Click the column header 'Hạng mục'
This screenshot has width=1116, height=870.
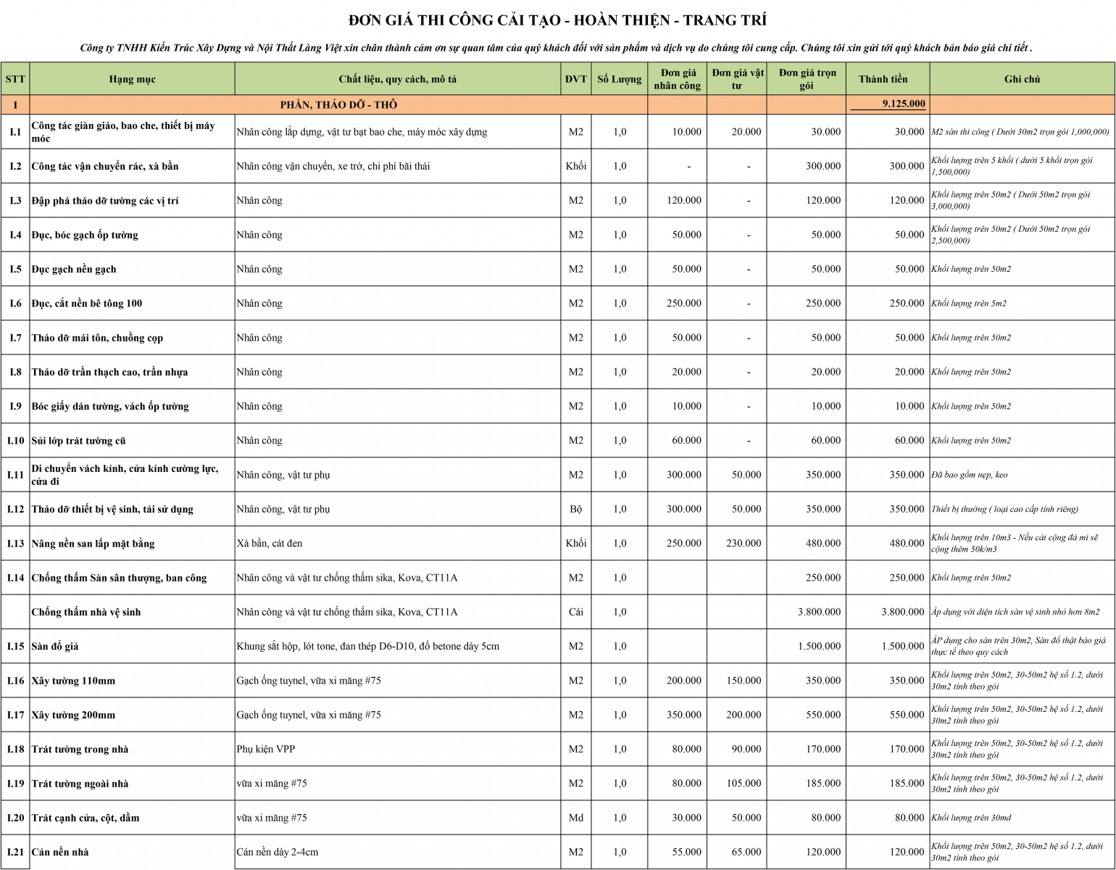click(132, 79)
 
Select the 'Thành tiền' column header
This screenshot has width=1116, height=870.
click(883, 79)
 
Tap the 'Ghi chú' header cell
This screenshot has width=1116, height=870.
click(1022, 79)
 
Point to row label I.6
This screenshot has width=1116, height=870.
click(15, 303)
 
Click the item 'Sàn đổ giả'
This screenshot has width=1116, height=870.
click(55, 646)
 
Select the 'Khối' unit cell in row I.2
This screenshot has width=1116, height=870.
click(576, 166)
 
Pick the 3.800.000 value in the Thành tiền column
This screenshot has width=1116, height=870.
click(902, 612)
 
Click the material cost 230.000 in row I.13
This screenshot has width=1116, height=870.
click(744, 543)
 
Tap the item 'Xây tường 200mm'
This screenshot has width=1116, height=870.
click(73, 715)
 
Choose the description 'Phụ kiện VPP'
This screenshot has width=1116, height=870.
click(266, 749)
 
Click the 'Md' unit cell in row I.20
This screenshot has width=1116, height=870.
click(576, 818)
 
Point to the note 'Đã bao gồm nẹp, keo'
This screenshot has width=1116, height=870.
click(970, 475)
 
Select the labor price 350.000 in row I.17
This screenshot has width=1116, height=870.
click(683, 715)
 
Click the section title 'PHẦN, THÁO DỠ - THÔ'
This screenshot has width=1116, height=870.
click(338, 104)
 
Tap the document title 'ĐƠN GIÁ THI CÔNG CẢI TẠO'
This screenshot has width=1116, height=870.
click(557, 20)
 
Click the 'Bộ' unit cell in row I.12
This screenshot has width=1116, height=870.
click(576, 509)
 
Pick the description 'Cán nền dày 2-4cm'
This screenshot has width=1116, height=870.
click(278, 852)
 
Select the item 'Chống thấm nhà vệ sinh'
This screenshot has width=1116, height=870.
click(86, 612)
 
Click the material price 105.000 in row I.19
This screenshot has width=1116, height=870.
click(744, 783)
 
